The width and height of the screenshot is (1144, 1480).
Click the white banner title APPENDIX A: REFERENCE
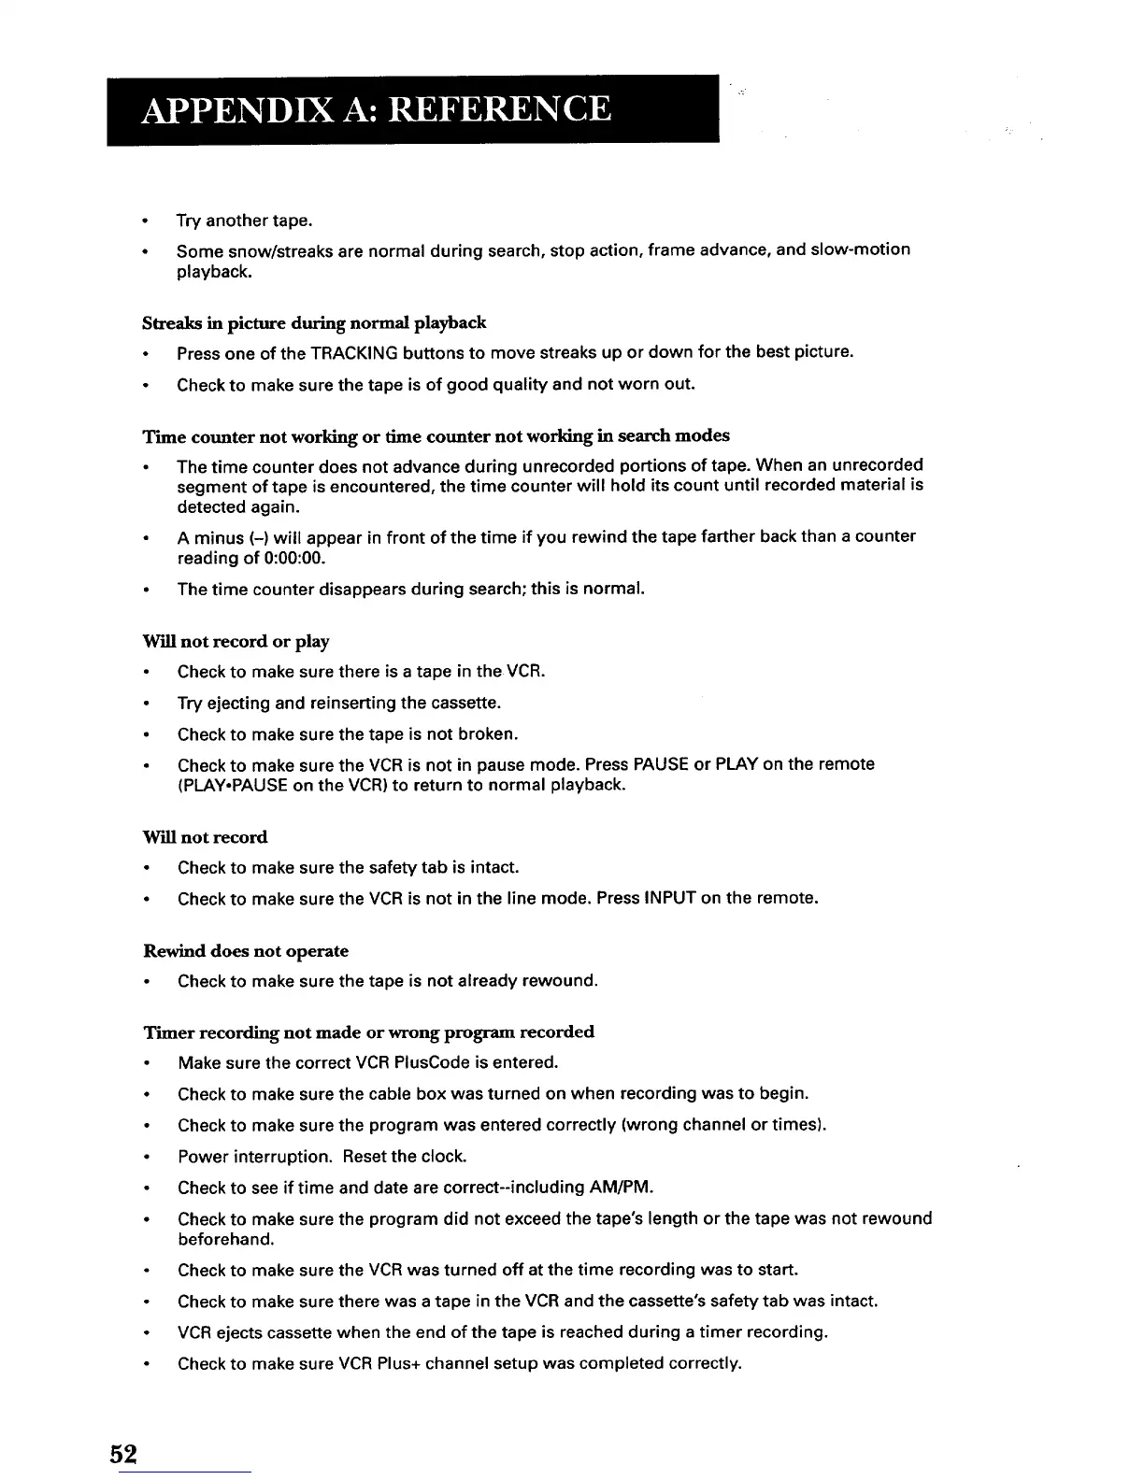tap(377, 109)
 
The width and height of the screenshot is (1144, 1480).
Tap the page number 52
tap(123, 1454)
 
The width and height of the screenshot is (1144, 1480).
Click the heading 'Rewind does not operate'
tap(246, 951)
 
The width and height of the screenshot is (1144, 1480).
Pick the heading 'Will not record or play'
tap(236, 642)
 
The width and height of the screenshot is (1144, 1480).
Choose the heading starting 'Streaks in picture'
tap(314, 323)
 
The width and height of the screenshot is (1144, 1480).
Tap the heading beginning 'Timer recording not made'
tap(368, 1032)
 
